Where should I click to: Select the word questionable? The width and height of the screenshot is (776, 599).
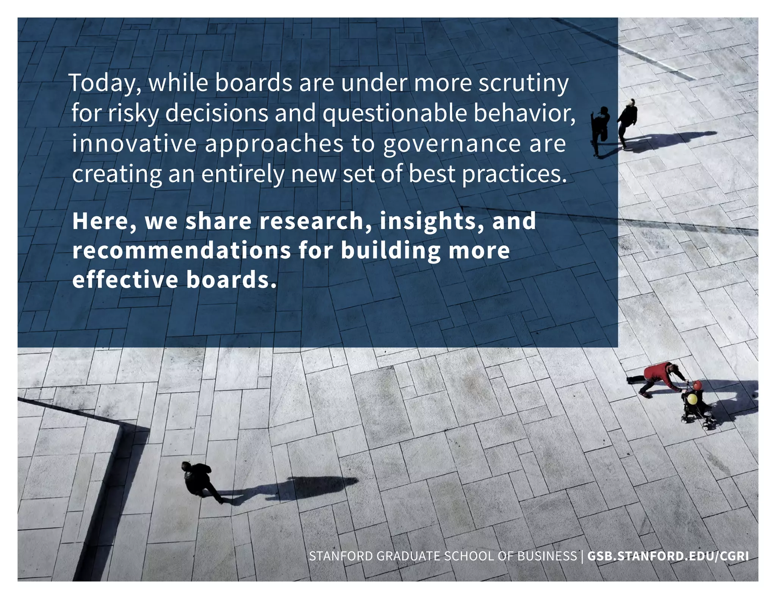click(394, 114)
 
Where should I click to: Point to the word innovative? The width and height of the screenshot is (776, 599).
click(134, 144)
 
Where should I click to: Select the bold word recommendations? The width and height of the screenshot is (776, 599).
click(181, 251)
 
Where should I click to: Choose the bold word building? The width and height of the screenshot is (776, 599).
click(391, 251)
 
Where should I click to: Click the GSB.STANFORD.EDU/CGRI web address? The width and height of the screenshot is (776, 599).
click(668, 556)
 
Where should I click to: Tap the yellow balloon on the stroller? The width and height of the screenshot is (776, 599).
click(692, 399)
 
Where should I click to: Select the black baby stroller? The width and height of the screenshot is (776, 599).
click(696, 409)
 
